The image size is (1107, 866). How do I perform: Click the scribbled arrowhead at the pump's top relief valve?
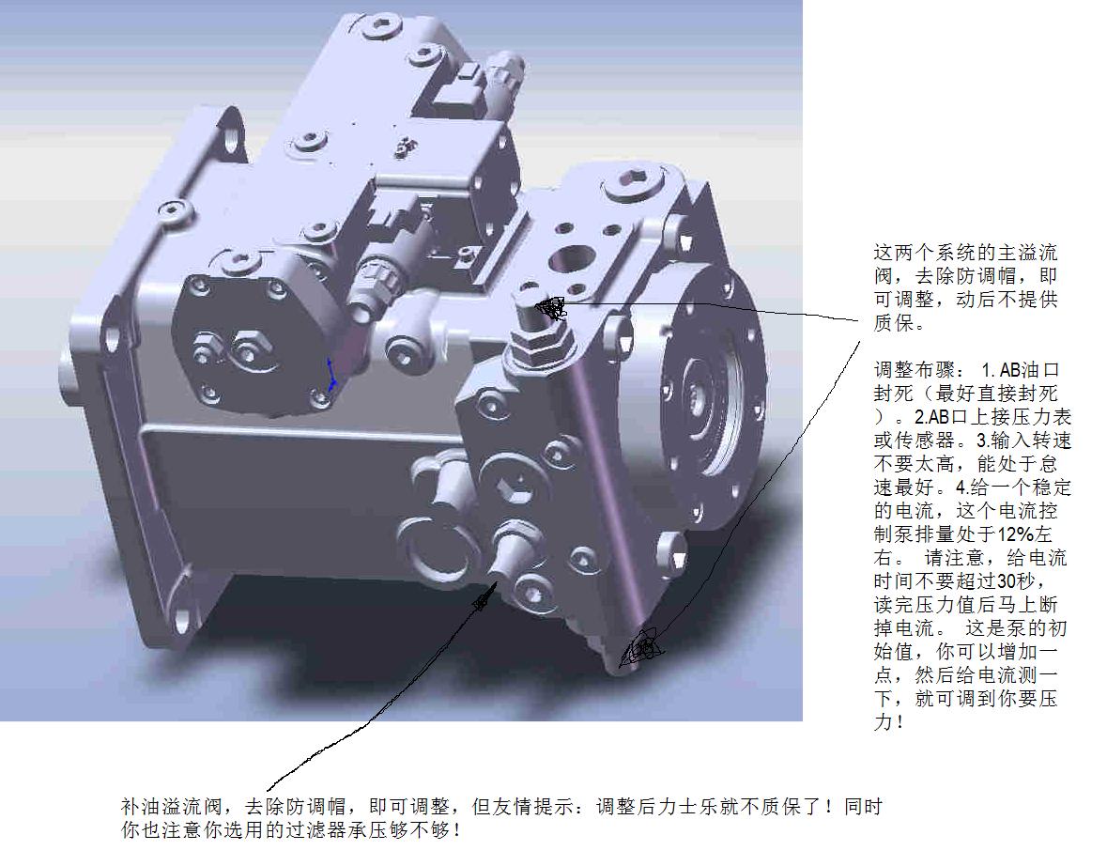tap(550, 307)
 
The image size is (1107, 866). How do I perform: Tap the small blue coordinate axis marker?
tap(331, 375)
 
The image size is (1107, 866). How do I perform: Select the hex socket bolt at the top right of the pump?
tap(633, 180)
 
